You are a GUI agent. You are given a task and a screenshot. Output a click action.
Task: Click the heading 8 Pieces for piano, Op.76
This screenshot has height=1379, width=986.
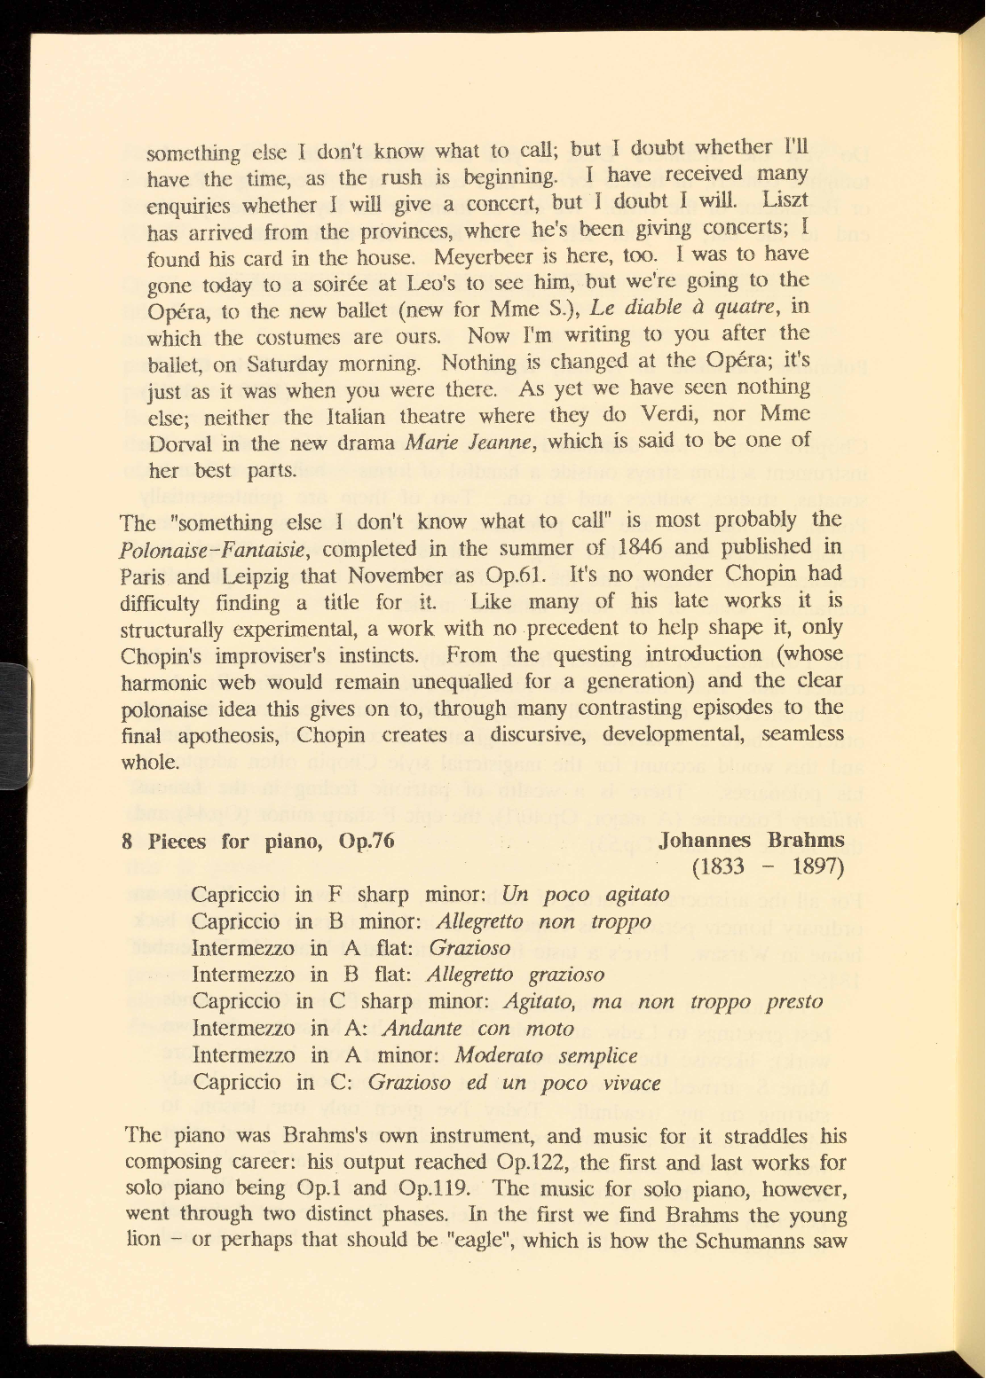258,841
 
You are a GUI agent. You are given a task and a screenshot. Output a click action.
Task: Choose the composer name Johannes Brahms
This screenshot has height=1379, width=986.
752,839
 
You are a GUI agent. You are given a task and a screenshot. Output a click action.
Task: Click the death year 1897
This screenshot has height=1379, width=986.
817,866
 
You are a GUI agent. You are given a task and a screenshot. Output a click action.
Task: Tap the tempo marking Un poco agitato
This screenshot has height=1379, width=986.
585,894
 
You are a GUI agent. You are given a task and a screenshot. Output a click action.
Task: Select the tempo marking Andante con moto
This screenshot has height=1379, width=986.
477,1029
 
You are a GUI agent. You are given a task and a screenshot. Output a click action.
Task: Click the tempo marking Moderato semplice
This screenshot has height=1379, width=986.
545,1055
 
